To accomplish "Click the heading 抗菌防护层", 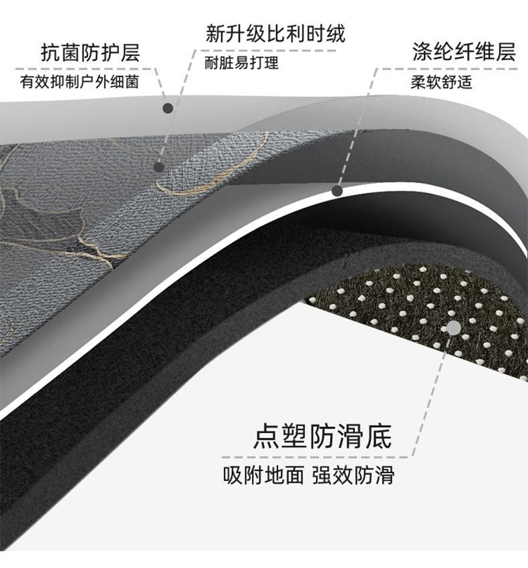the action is [90, 53].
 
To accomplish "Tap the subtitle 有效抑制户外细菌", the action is [80, 82].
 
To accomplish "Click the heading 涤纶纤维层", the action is [464, 53].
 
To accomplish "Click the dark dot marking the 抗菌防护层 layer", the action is [168, 107].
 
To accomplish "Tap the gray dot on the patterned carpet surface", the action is [159, 167].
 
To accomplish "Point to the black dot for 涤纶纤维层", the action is [338, 191].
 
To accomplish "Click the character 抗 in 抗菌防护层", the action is [50, 53].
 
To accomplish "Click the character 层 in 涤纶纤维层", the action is [506, 53].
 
